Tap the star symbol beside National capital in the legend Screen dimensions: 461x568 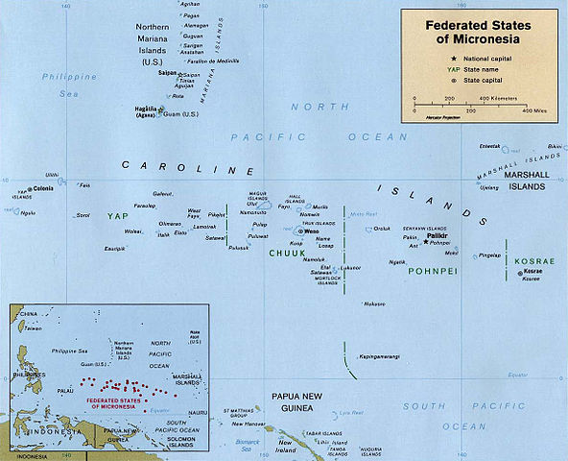click(415, 59)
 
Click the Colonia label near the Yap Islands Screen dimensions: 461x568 click(43, 189)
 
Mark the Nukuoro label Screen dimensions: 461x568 click(373, 303)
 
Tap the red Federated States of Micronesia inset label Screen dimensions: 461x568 click(113, 400)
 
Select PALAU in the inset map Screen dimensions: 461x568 click(54, 390)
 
